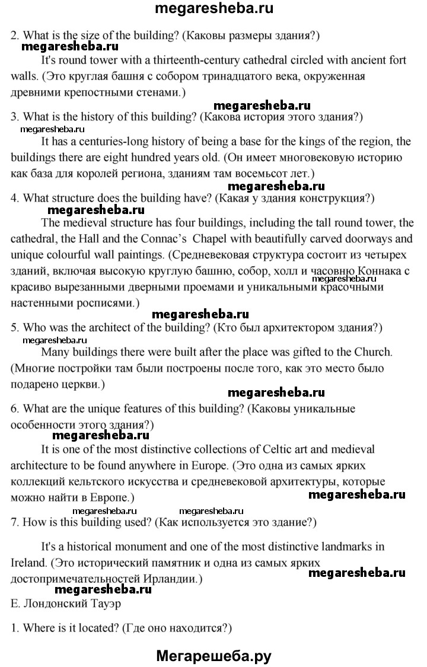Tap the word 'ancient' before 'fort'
click(357, 60)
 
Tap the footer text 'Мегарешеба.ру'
click(214, 655)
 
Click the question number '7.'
click(15, 522)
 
